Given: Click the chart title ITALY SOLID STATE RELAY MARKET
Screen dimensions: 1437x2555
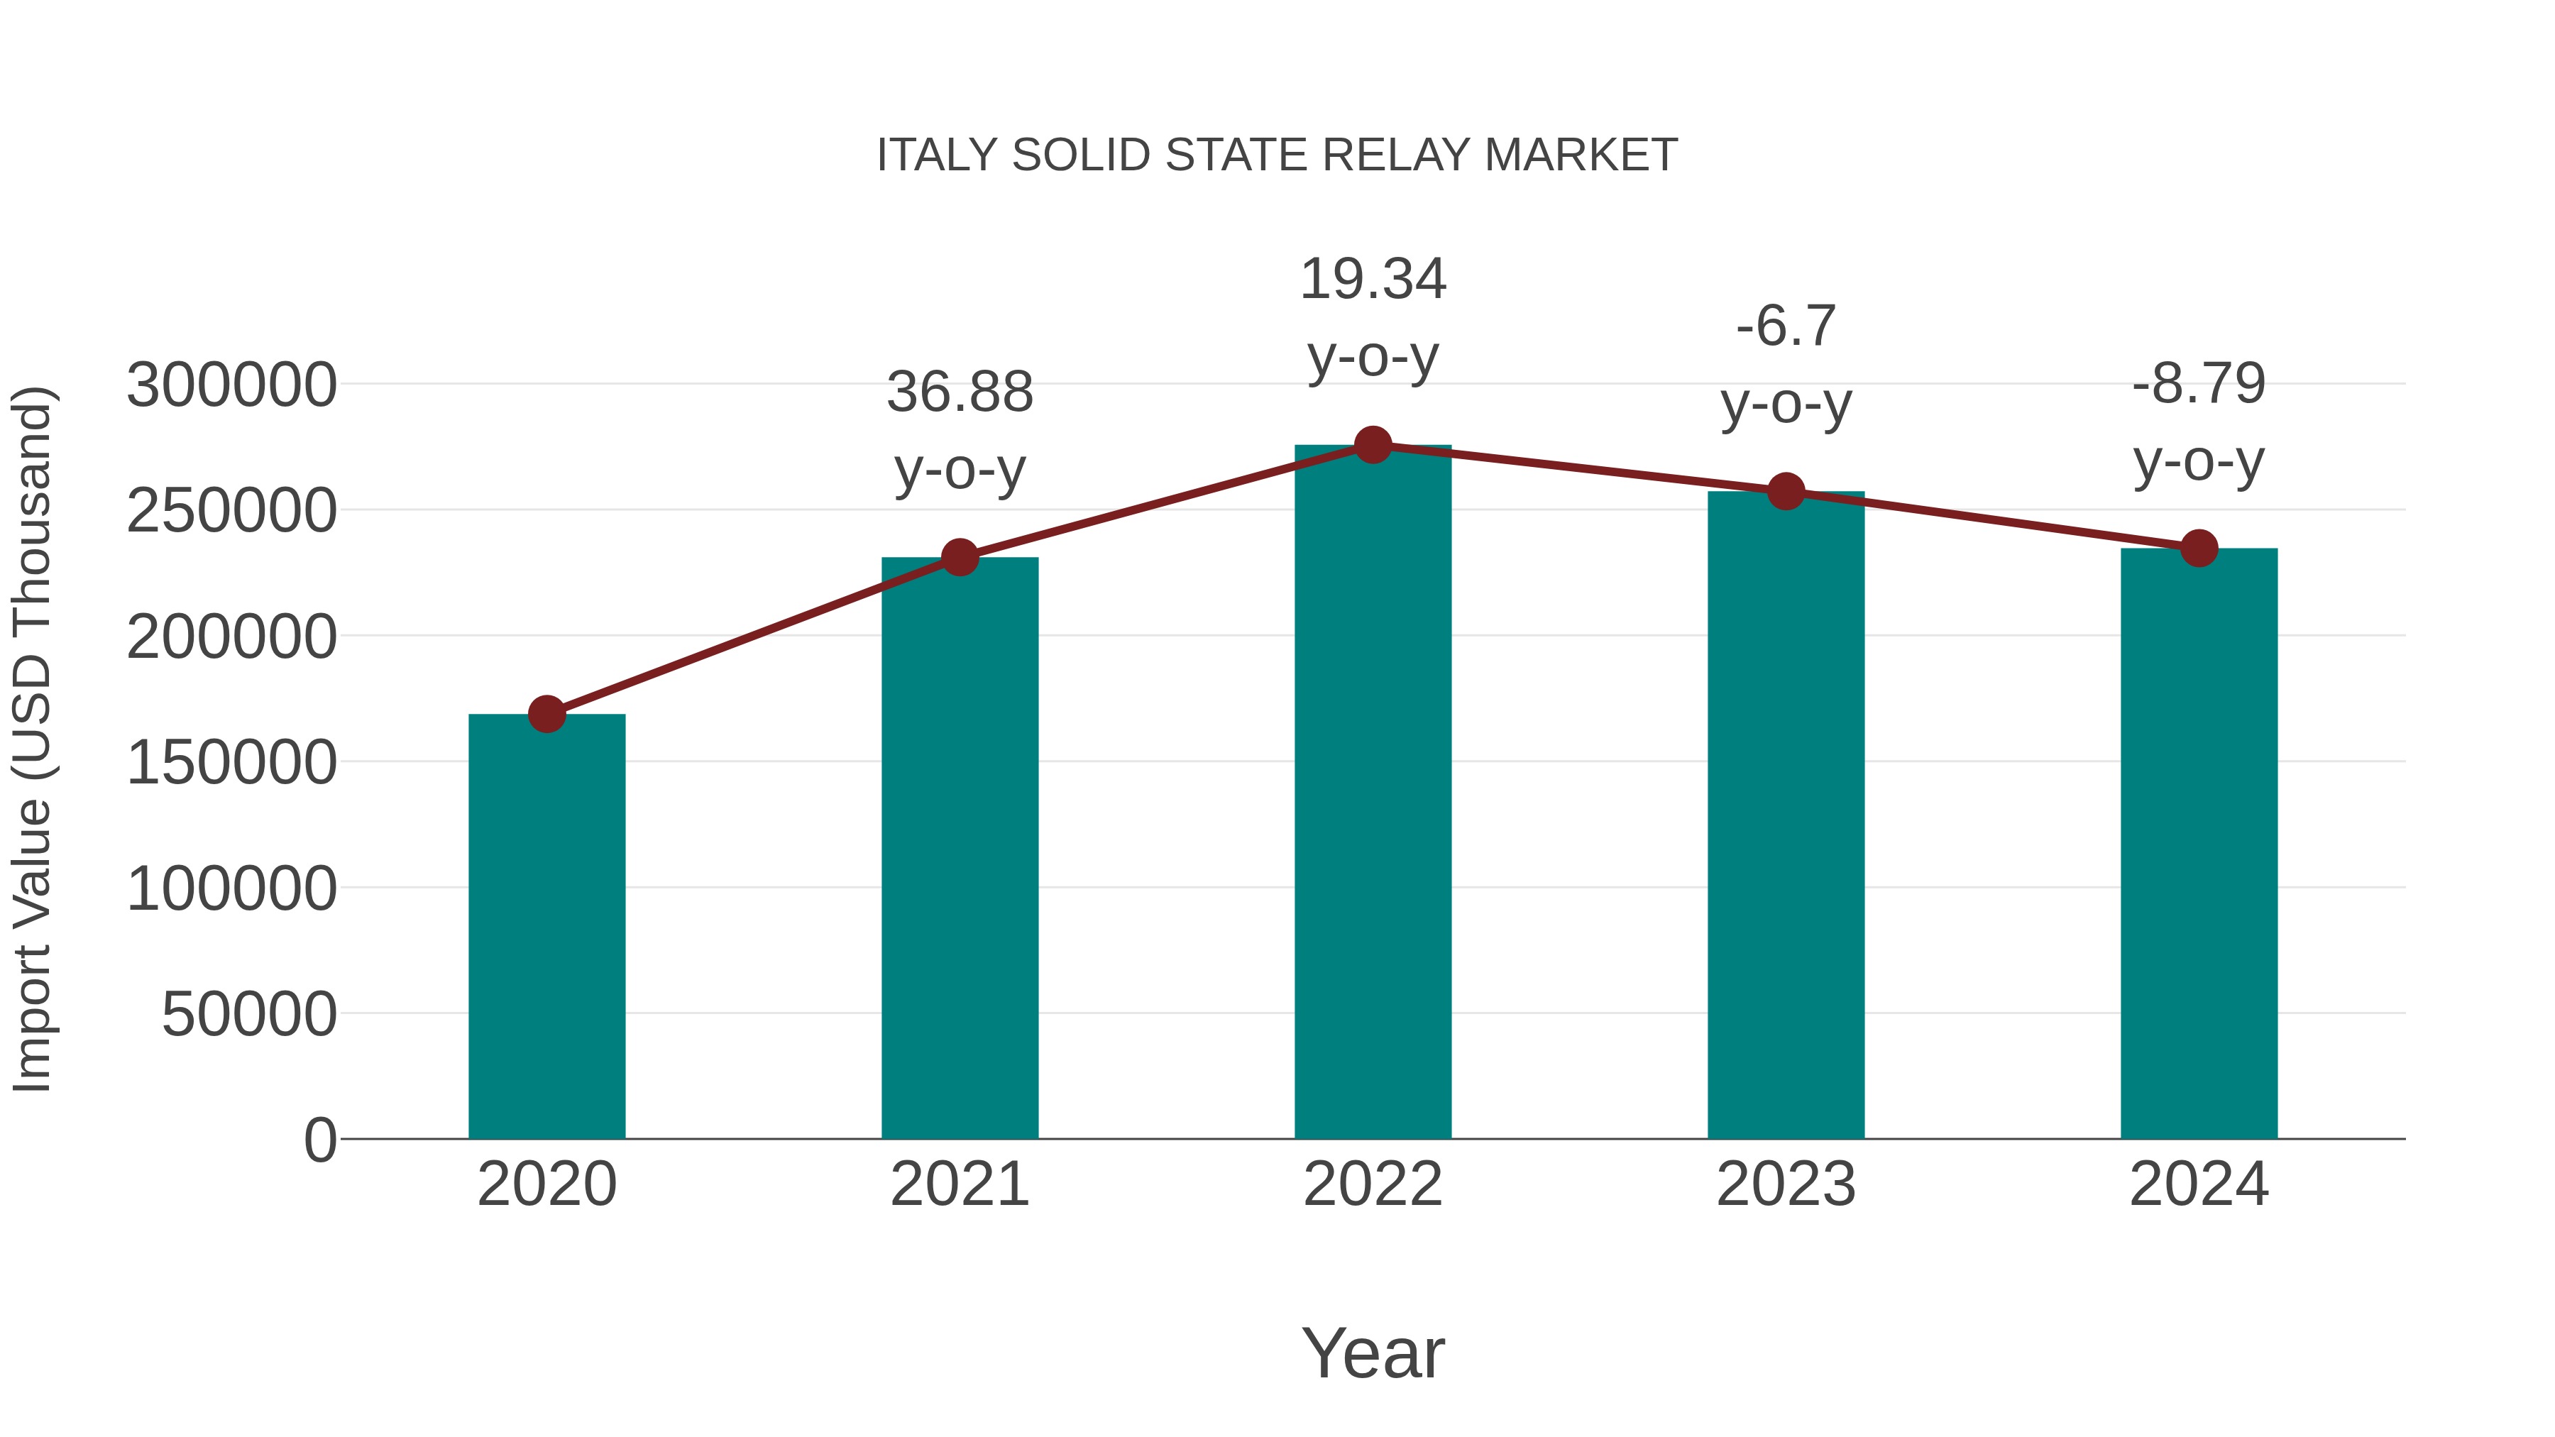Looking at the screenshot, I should coord(1277,155).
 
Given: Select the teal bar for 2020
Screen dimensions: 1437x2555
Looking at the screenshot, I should coord(546,927).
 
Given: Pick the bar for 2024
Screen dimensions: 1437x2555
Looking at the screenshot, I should coord(2199,843).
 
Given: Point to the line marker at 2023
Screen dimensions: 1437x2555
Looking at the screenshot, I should coord(1786,492).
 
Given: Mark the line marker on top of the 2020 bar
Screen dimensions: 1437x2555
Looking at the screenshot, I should coord(546,714).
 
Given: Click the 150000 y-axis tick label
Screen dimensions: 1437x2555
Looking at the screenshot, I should coord(231,763).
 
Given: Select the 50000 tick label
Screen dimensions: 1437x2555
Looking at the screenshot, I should coord(249,1015).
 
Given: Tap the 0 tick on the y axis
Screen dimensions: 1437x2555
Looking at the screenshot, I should coord(319,1140).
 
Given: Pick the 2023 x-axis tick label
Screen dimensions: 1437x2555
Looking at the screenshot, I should coord(1786,1184).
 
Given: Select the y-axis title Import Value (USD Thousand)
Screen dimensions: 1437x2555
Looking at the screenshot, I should coord(32,739).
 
